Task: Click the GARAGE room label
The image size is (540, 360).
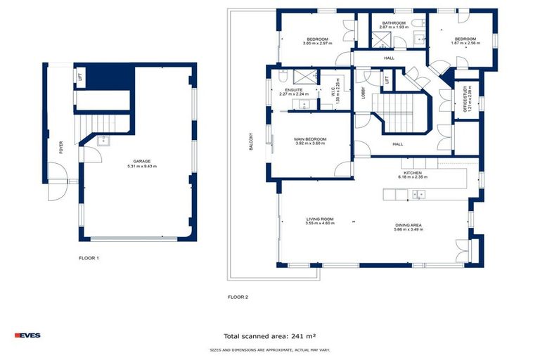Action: [x=141, y=160]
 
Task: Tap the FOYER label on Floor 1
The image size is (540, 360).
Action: [x=61, y=148]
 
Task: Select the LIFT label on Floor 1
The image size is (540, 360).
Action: [x=79, y=77]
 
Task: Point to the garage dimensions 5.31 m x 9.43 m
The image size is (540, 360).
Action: [x=141, y=166]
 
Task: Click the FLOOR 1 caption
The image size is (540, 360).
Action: [x=89, y=258]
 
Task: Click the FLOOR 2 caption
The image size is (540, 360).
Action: [x=238, y=297]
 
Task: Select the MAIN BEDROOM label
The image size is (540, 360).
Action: [x=310, y=139]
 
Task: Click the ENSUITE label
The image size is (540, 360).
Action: [x=294, y=90]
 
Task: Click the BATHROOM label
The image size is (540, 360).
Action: [x=394, y=23]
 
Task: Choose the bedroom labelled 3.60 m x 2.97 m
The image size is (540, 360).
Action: [x=317, y=44]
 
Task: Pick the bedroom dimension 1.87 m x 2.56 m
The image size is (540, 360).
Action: [x=465, y=44]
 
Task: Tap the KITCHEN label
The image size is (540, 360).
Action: [x=412, y=172]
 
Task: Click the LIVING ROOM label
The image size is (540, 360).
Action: [x=319, y=219]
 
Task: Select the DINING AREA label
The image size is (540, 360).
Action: [x=408, y=225]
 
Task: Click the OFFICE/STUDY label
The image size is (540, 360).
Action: [x=465, y=101]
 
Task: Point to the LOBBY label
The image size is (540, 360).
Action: [x=364, y=92]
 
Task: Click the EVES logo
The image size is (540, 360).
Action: [x=28, y=335]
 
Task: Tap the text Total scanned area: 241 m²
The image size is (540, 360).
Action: [x=269, y=336]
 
